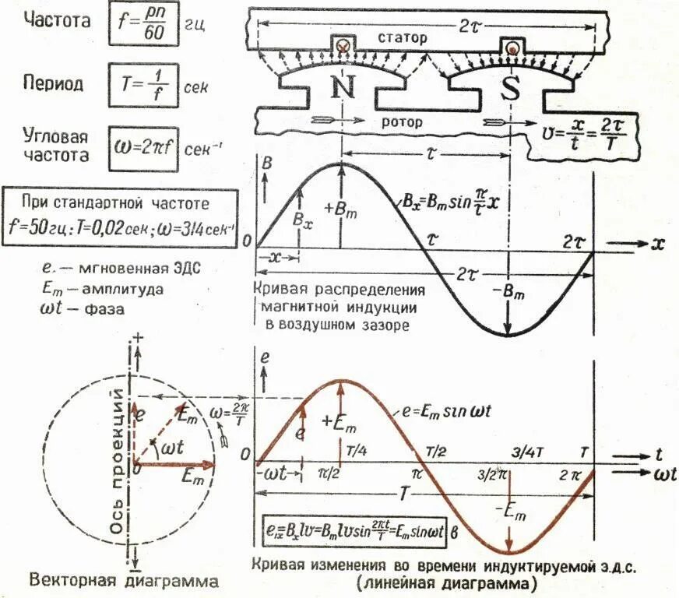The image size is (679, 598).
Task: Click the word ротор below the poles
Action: pos(401,121)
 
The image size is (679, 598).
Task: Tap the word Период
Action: pos(53,84)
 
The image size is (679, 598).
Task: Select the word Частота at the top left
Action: pos(53,21)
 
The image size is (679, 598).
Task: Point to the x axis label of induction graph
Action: pos(658,244)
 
